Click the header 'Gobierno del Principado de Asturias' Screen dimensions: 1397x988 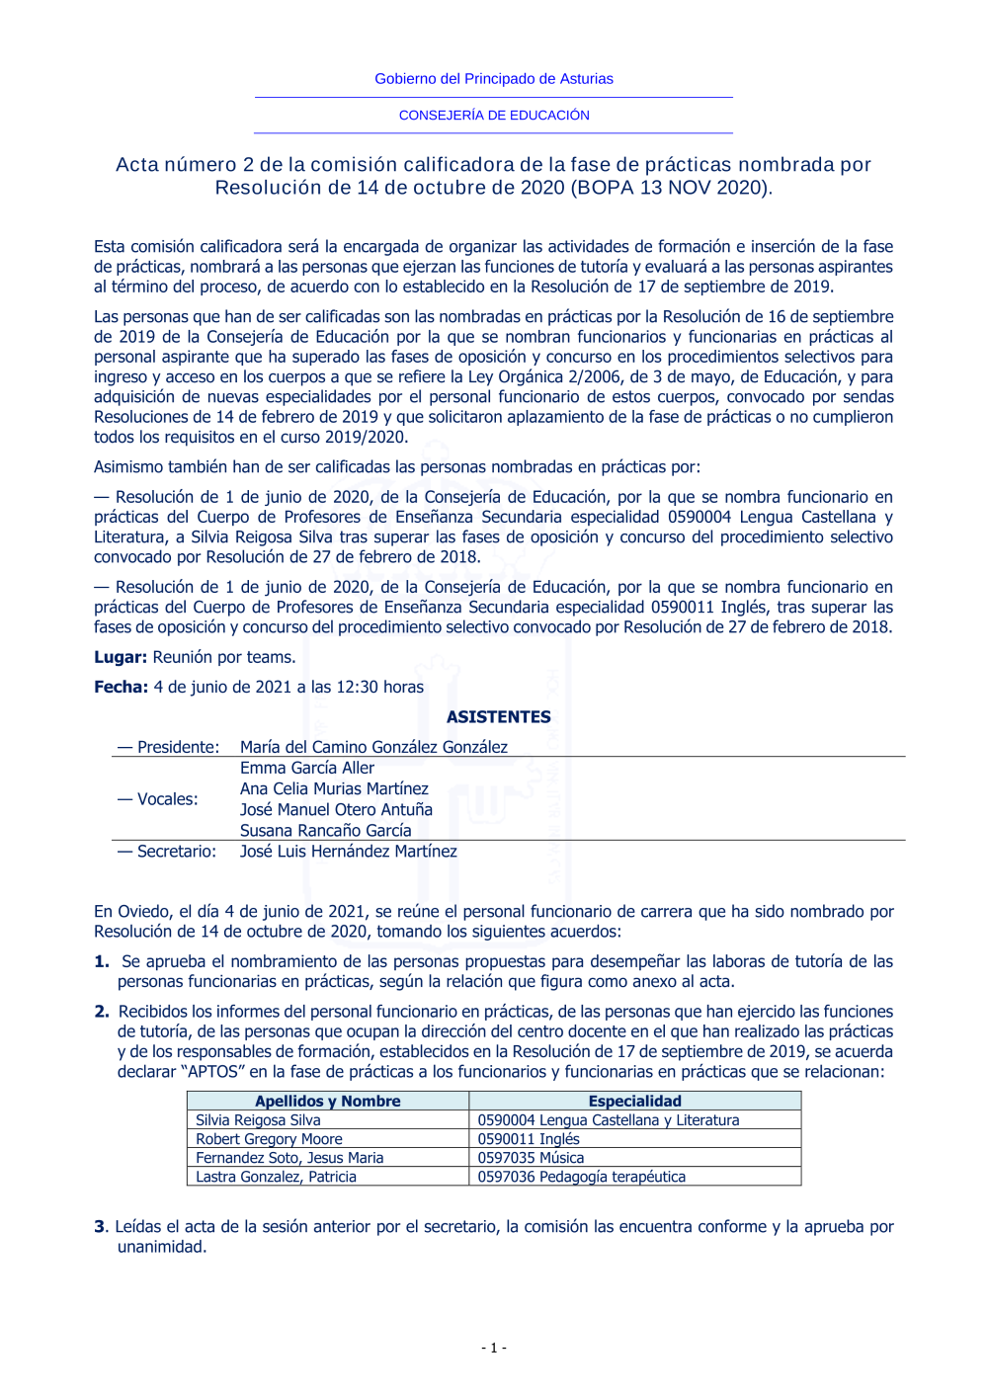tap(493, 79)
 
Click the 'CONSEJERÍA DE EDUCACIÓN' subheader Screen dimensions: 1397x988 tap(494, 116)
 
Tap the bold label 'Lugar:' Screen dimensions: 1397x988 tap(121, 658)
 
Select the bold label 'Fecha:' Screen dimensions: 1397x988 tap(121, 688)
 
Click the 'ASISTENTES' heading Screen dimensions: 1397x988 tap(498, 717)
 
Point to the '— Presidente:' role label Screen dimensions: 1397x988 tap(168, 748)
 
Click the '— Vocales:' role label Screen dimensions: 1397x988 tap(157, 799)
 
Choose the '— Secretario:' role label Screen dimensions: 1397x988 tap(166, 852)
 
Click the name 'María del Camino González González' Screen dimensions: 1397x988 tap(373, 748)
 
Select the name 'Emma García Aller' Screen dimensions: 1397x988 tap(307, 769)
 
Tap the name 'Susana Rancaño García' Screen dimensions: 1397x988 tap(325, 831)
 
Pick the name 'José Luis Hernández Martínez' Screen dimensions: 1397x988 tap(348, 852)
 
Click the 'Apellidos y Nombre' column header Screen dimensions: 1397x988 tap(328, 1102)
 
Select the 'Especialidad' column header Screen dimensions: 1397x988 tap(634, 1102)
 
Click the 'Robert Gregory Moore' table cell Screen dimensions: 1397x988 tap(269, 1139)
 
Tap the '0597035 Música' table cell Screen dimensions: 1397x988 tap(531, 1158)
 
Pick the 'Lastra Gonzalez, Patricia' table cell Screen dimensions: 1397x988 tap(276, 1177)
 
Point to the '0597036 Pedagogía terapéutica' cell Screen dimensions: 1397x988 tap(581, 1177)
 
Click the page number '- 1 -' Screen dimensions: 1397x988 tap(494, 1348)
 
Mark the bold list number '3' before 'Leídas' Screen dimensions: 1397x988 tap(100, 1227)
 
